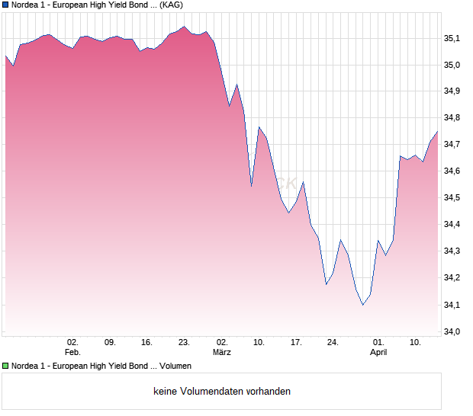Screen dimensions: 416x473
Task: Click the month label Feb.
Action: point(72,352)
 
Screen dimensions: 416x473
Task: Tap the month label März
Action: point(222,352)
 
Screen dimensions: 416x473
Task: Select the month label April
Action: point(378,352)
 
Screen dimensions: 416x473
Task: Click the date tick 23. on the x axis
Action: point(184,342)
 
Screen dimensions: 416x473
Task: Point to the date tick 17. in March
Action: point(297,342)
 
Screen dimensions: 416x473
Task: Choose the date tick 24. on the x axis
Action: point(333,342)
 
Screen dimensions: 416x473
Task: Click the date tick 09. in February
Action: point(110,342)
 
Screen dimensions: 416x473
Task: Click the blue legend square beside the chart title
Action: point(5,5)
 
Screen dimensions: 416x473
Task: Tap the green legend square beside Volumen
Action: point(5,366)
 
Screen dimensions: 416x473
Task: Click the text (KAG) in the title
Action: point(171,5)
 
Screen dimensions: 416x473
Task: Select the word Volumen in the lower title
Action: point(175,366)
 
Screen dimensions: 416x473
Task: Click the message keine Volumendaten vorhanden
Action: point(222,392)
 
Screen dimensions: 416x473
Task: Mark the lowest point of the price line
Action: point(363,305)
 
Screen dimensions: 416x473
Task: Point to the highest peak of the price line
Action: point(184,27)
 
